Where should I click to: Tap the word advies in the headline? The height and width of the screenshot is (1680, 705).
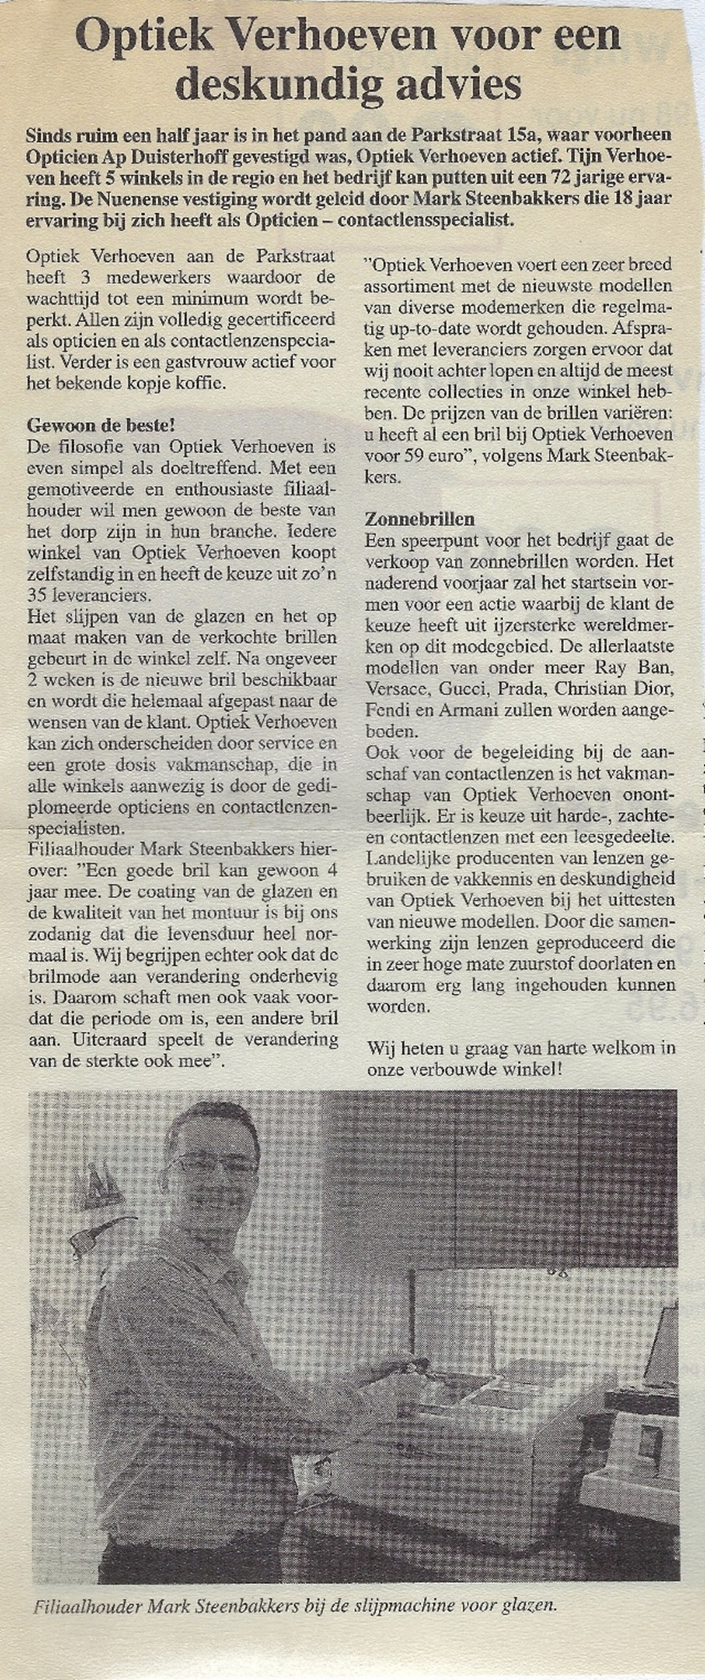(x=456, y=83)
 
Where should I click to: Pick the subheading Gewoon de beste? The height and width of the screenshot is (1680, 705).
(x=101, y=424)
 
